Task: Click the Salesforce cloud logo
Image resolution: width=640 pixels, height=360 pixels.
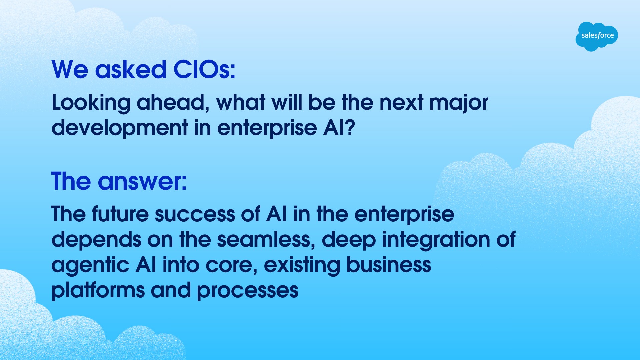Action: tap(596, 36)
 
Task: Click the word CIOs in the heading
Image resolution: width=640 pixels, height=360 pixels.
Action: tap(204, 70)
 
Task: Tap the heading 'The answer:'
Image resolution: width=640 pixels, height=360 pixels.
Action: tap(119, 182)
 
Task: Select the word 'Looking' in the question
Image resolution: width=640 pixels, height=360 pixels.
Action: tap(91, 103)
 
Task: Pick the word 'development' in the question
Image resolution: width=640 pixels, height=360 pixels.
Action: tap(120, 128)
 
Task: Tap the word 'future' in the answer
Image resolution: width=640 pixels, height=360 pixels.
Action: tap(120, 214)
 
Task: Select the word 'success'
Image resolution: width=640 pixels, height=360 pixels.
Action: tap(195, 214)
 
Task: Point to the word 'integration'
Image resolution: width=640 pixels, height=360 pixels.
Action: tap(436, 240)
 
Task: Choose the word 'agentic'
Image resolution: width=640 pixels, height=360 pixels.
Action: tap(90, 266)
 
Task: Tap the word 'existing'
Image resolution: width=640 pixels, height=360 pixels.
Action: tap(302, 266)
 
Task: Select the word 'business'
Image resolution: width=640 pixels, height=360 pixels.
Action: tap(389, 265)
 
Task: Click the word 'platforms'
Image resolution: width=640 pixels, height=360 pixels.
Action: tap(98, 291)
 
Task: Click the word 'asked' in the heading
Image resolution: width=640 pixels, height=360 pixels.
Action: tap(130, 70)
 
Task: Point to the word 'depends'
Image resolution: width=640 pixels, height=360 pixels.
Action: tap(96, 240)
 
